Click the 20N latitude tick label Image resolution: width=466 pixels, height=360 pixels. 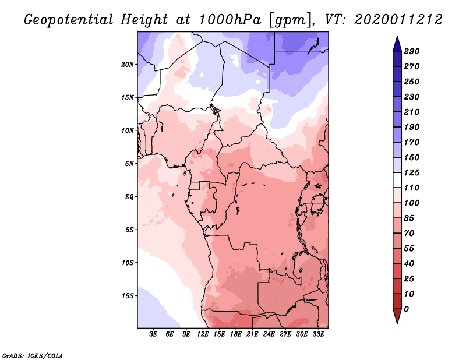coord(128,64)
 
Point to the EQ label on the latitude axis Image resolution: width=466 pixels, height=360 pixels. coord(129,196)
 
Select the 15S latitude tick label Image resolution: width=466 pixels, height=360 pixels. coord(128,295)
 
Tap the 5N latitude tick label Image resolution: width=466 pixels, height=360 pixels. coord(129,163)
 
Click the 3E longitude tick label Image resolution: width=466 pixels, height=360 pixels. coord(154,334)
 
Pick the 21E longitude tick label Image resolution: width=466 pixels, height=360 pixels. coord(252,334)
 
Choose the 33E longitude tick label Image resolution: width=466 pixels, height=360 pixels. coord(318,334)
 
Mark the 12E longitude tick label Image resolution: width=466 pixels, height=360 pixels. coord(203,334)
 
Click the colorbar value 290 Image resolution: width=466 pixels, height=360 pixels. coord(412,51)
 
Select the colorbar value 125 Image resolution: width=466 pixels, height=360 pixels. coord(412,172)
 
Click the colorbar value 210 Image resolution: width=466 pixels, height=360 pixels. coord(412,112)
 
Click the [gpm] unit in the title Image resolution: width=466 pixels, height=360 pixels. coord(290,20)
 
